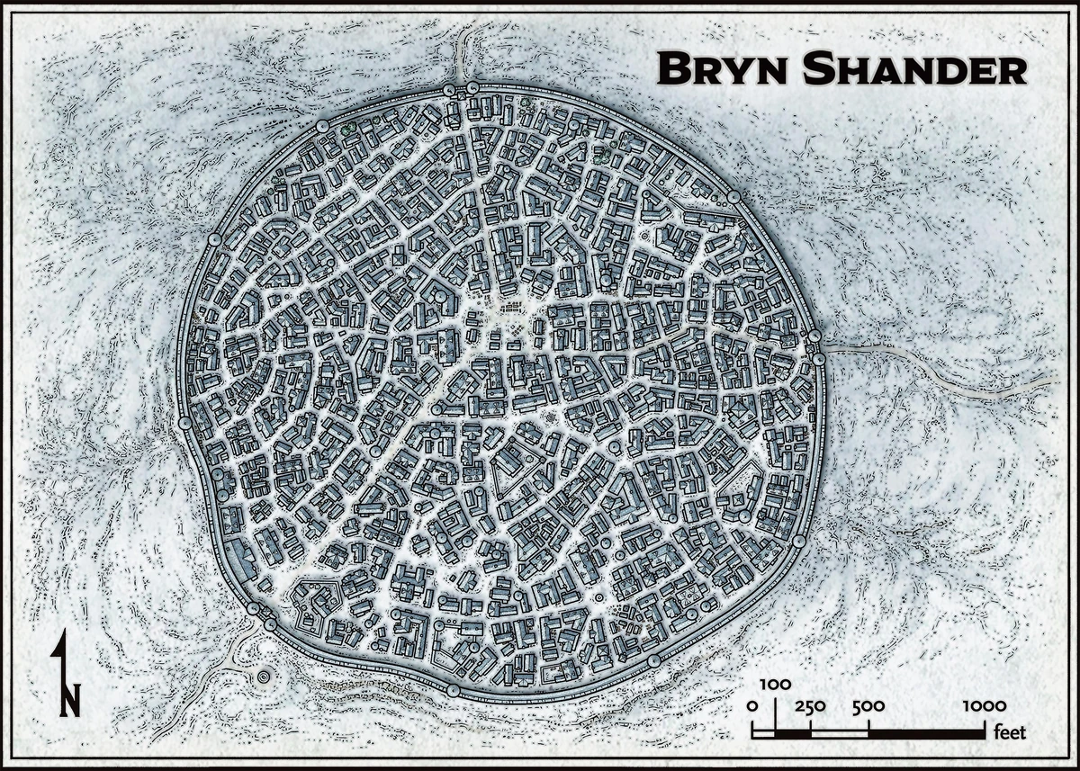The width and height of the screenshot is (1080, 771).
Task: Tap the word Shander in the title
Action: [903, 68]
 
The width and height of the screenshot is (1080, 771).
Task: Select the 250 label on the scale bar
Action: [810, 706]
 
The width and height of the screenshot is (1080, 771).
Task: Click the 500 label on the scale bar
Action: [868, 706]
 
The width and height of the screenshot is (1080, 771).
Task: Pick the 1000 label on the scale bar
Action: [984, 706]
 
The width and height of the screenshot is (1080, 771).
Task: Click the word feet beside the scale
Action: [1011, 732]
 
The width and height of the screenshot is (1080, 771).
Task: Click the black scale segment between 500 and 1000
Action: [926, 733]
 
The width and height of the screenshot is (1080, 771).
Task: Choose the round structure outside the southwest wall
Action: [264, 676]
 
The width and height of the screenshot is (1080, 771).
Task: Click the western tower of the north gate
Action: [449, 89]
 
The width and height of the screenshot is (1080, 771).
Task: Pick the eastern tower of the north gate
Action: [473, 87]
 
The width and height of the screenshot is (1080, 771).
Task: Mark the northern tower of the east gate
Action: [814, 336]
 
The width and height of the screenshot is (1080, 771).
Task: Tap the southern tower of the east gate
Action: [819, 359]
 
